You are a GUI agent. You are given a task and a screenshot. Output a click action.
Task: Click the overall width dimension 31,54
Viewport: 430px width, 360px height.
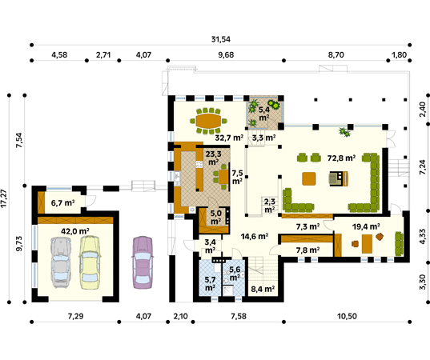(x=220, y=39)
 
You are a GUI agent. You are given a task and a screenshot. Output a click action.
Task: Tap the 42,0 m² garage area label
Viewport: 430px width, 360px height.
(x=75, y=231)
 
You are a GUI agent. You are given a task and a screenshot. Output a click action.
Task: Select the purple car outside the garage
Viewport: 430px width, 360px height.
(x=143, y=262)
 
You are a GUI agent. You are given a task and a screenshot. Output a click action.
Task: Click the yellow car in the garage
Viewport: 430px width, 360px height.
(x=90, y=262)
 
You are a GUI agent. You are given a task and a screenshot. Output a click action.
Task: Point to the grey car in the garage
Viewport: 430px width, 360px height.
(x=61, y=262)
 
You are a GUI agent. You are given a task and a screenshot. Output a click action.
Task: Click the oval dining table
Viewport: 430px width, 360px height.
(x=209, y=121)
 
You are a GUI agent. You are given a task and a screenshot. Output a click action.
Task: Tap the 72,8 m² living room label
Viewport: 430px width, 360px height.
(x=342, y=158)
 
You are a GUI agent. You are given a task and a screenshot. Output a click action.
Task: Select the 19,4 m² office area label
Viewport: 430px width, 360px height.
(x=366, y=226)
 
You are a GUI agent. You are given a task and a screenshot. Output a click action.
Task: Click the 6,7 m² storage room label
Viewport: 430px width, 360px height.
(x=62, y=203)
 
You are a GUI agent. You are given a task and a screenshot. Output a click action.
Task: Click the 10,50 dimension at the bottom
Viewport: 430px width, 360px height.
(x=347, y=317)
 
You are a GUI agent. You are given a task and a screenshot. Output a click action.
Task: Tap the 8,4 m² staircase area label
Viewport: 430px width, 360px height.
(x=263, y=289)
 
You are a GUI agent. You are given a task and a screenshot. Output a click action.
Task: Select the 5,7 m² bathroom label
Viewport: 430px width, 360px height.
(x=210, y=283)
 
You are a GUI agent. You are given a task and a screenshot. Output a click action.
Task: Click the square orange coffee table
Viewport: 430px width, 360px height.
(x=309, y=178)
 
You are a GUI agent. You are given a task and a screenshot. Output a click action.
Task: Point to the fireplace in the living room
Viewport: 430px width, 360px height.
(x=339, y=178)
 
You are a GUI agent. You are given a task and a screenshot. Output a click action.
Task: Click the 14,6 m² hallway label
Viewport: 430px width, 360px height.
(x=254, y=236)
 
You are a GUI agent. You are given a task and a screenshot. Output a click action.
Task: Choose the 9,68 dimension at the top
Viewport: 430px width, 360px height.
(x=226, y=55)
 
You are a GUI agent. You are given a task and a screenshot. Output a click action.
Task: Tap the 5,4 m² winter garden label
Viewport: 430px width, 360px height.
(x=263, y=114)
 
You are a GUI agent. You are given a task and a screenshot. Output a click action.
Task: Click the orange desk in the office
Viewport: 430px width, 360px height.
(x=367, y=244)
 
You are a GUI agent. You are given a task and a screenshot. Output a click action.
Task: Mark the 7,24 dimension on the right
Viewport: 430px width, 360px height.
(x=424, y=167)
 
